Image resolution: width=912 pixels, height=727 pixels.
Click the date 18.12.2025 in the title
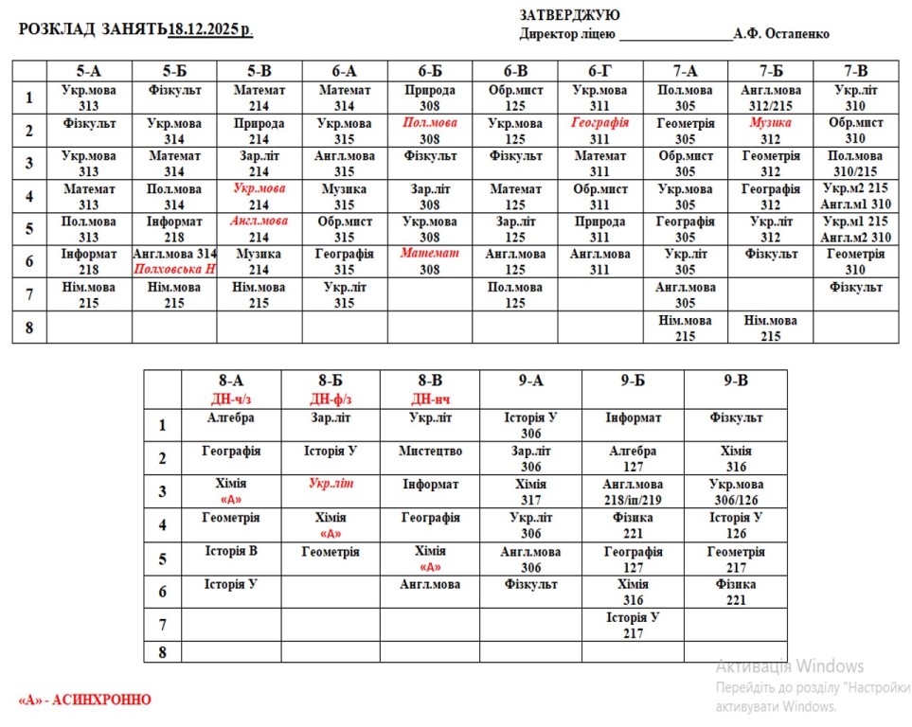point(209,29)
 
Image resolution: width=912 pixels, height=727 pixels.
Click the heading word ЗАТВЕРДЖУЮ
point(570,14)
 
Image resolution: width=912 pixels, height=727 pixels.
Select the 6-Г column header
point(599,70)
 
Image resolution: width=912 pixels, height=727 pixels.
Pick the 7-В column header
point(855,70)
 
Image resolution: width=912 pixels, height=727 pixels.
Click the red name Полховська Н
point(174,270)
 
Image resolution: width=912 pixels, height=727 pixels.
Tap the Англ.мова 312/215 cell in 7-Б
point(770,98)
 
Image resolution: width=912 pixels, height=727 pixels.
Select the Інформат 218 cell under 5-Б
point(174,229)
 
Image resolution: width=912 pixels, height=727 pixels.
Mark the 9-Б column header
point(633,381)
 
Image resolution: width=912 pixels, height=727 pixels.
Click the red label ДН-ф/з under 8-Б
point(331,399)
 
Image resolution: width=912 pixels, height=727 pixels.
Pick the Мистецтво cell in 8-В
point(430,452)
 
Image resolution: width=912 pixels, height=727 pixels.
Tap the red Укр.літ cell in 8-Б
point(331,484)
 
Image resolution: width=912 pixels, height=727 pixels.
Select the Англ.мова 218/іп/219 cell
point(633,491)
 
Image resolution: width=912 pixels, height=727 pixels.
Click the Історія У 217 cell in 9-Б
point(633,625)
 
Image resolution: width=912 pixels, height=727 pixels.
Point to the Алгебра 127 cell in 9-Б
point(633,459)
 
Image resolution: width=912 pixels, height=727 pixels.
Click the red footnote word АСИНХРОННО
point(101,700)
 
